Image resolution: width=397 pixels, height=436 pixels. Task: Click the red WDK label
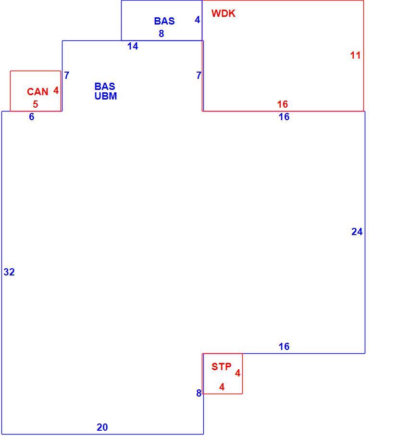[x=223, y=13]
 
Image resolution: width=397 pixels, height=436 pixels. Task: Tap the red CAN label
[x=37, y=92]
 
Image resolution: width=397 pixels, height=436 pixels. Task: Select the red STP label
[x=221, y=367]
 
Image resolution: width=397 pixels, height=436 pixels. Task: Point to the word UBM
[x=106, y=96]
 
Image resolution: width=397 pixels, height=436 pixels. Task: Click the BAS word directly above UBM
[x=105, y=86]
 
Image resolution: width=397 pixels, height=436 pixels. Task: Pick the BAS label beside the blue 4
[x=164, y=21]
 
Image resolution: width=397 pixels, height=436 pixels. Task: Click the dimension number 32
[x=9, y=272]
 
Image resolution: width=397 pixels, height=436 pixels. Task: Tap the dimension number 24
[x=357, y=232]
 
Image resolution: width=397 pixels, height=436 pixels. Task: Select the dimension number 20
[x=102, y=427]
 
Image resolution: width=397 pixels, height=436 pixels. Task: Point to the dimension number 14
[x=133, y=46]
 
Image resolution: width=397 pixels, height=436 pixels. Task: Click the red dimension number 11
[x=355, y=55]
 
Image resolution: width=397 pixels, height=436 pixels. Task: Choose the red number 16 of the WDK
[x=283, y=104]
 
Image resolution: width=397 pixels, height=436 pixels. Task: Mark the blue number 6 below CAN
[x=32, y=117]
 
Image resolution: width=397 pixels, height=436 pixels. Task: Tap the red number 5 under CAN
[x=35, y=104]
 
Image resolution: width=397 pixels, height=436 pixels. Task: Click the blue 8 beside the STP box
[x=199, y=393]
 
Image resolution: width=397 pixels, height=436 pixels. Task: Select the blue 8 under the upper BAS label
[x=161, y=34]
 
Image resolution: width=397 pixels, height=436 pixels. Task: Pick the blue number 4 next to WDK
[x=198, y=20]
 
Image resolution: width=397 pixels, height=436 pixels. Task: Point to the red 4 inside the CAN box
[x=56, y=90]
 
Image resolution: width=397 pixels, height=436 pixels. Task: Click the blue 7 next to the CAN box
[x=67, y=75]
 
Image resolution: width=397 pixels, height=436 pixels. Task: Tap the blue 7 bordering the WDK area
[x=199, y=75]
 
